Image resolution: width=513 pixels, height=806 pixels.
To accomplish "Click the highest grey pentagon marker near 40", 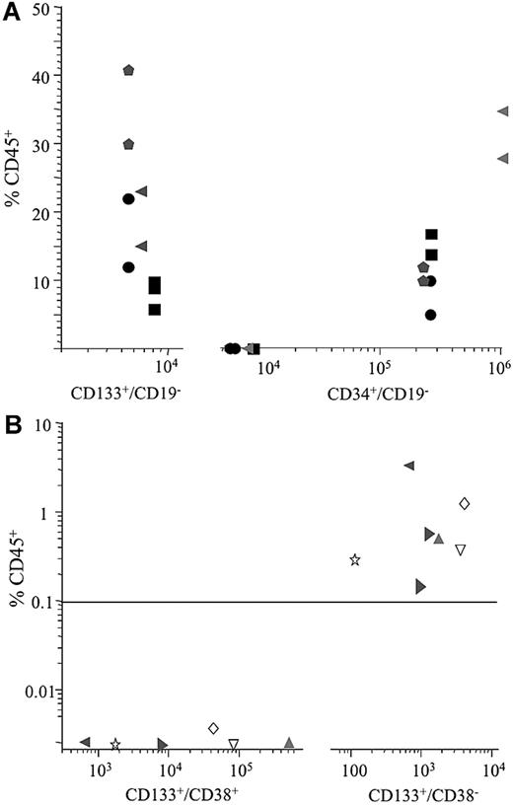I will tap(128, 70).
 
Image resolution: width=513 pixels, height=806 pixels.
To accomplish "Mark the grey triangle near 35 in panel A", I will tap(502, 111).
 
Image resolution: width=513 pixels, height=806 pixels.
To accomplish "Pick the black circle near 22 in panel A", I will tap(128, 199).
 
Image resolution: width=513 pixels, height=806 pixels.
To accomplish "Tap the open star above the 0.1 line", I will tap(355, 560).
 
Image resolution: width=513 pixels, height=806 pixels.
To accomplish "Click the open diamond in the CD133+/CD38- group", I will tap(465, 503).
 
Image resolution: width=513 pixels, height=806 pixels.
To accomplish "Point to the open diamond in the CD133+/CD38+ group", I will tap(213, 728).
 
